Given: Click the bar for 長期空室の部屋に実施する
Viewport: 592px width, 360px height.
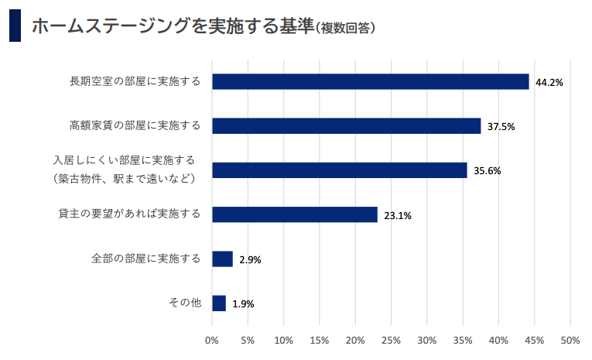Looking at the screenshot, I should click(370, 81).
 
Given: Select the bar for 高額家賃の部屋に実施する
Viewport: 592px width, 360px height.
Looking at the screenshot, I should click(346, 125).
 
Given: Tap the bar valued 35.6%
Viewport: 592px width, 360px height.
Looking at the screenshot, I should click(339, 170).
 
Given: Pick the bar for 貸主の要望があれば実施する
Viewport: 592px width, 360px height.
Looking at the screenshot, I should click(294, 214).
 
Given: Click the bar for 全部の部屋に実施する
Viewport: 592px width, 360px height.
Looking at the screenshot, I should click(222, 259).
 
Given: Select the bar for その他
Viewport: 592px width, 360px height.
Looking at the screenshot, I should click(218, 303).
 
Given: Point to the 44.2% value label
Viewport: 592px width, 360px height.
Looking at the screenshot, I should click(549, 82).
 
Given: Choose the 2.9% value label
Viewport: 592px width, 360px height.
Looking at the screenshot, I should click(250, 260).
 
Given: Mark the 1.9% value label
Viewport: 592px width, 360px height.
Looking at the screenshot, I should click(243, 304).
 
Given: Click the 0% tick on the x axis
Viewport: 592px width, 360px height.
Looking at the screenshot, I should click(211, 340).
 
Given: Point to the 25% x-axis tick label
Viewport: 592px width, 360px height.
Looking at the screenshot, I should click(391, 340).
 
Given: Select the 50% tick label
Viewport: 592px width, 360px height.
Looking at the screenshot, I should click(570, 340).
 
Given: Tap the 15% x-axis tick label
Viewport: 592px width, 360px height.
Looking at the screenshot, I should click(319, 340).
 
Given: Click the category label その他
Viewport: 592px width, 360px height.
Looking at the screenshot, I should click(185, 302).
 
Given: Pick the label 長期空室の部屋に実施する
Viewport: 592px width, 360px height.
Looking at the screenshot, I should click(135, 81).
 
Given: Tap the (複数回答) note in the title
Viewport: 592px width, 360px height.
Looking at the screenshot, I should click(345, 28).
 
